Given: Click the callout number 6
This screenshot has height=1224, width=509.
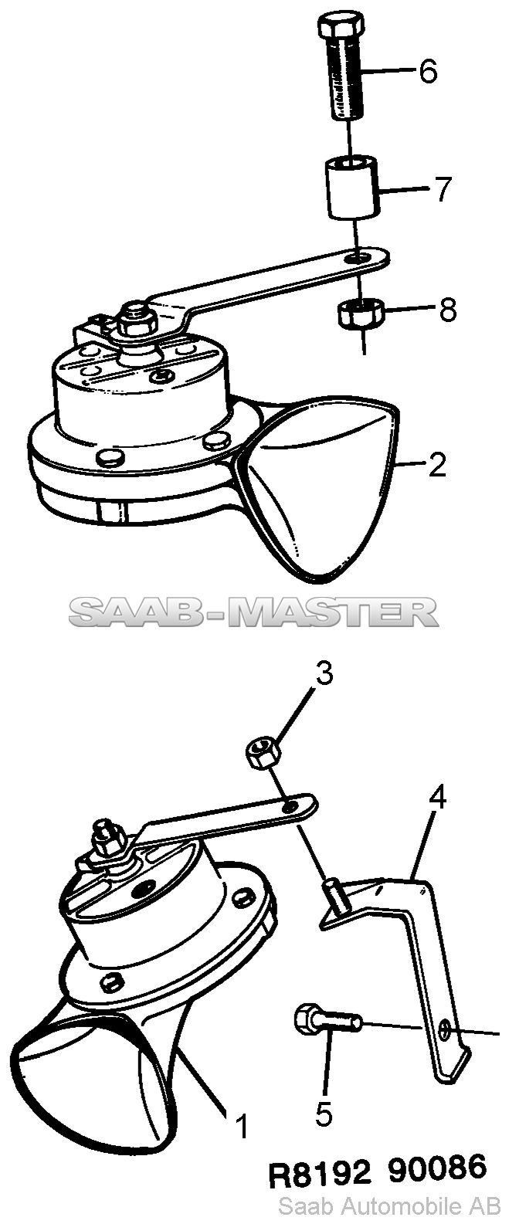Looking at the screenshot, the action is pos(428,72).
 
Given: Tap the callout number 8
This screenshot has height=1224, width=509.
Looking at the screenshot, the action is pos(447,310).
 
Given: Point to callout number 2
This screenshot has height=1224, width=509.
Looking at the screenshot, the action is pos(437,464).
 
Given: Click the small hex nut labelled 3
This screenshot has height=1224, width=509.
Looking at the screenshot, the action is pos(263,752).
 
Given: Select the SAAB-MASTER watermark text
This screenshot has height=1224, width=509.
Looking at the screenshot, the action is pos(253,612).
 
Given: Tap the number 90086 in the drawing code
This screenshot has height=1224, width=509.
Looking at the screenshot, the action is pos(437,1169).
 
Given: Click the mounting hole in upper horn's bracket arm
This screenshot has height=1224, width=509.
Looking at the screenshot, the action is pos(360,256).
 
